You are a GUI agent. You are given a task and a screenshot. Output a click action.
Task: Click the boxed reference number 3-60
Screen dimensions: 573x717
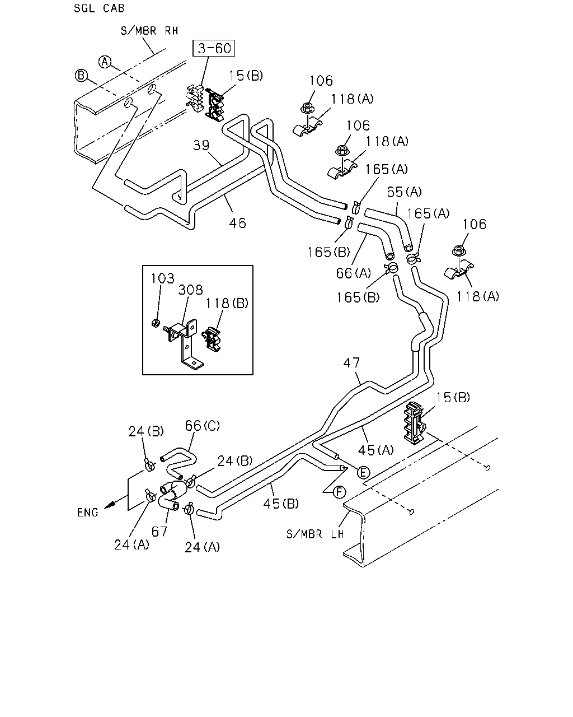[214, 49]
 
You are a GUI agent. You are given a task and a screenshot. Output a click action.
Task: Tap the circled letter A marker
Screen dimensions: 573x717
[105, 62]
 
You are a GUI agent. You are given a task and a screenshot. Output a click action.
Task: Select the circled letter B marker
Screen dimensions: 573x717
[81, 76]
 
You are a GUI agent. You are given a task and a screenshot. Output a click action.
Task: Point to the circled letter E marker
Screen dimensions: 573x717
[363, 472]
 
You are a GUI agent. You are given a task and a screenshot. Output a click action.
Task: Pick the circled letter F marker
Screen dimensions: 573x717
[339, 492]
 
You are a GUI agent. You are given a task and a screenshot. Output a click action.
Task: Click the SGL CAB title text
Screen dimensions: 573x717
[99, 8]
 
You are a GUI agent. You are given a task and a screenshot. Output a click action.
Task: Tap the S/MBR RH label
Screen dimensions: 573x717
[149, 31]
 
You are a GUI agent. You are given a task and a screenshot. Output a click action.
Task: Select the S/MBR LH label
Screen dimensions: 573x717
[315, 534]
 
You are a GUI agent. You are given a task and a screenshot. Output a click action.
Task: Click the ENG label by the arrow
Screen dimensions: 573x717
[87, 513]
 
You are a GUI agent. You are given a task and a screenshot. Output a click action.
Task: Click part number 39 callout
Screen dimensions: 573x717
[201, 145]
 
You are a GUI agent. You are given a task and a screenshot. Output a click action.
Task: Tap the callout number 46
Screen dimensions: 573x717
[237, 223]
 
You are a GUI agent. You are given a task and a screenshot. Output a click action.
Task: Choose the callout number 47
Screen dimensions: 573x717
[351, 362]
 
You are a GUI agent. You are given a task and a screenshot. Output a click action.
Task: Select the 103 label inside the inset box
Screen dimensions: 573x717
[162, 278]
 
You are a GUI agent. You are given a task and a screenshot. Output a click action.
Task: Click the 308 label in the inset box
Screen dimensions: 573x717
[190, 290]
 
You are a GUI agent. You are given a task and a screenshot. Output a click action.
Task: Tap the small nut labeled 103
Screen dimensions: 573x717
[155, 323]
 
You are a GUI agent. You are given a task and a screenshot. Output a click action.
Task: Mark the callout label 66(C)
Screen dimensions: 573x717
[203, 426]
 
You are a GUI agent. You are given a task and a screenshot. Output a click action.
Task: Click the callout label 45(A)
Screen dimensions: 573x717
[375, 450]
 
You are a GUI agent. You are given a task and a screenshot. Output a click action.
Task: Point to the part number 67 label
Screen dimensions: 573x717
[159, 532]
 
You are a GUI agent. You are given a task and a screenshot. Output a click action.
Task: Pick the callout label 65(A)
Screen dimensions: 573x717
[404, 192]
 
